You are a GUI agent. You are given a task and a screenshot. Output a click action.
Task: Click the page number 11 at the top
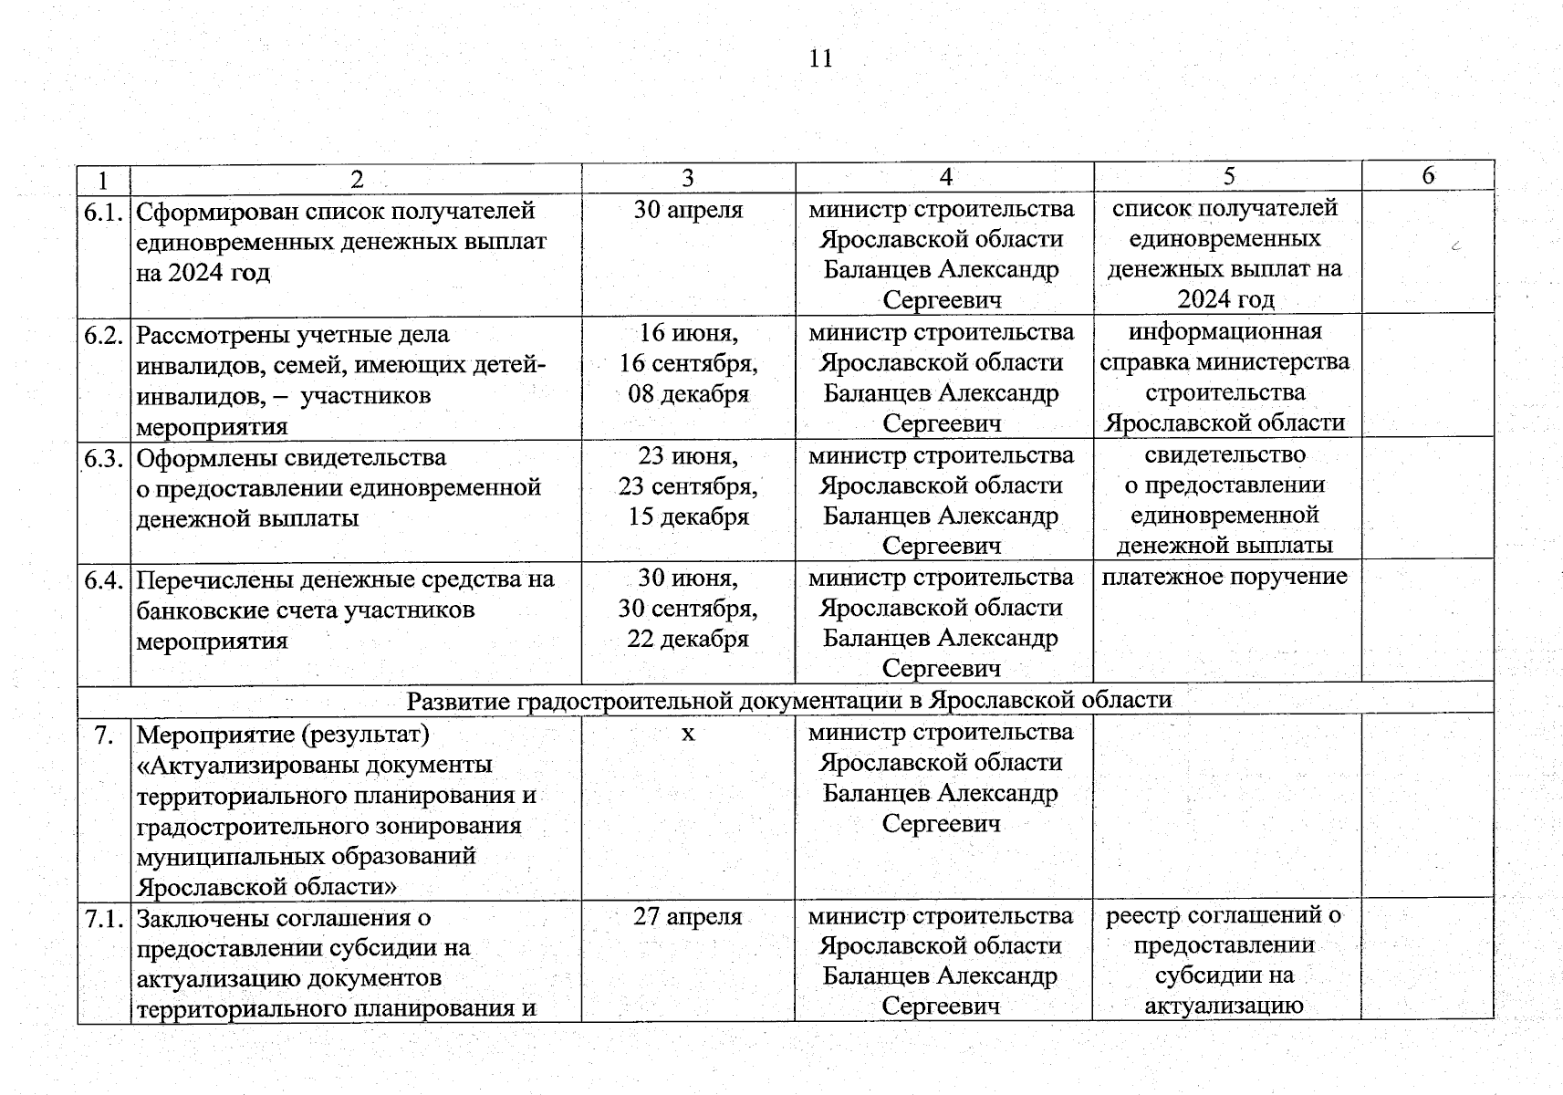click(x=820, y=59)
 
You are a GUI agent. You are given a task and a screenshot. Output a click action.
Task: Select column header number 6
click(x=1428, y=175)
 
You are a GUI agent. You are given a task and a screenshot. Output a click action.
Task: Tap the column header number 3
click(x=687, y=178)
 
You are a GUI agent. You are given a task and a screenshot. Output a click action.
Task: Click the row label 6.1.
click(x=103, y=213)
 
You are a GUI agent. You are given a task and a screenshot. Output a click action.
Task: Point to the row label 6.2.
click(x=103, y=335)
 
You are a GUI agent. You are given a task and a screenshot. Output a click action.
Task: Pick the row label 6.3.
click(x=103, y=458)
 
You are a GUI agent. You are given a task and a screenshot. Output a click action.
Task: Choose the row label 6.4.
click(x=103, y=579)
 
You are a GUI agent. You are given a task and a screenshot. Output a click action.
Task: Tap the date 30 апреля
click(x=688, y=210)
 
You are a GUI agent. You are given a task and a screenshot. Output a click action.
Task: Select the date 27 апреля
click(x=687, y=916)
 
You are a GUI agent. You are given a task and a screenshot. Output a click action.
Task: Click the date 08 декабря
click(x=688, y=394)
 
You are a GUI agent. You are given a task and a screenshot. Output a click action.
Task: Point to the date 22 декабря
click(x=687, y=639)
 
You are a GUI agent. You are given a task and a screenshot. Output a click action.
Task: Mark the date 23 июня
click(x=688, y=454)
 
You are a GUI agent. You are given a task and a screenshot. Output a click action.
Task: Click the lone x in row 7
click(x=688, y=734)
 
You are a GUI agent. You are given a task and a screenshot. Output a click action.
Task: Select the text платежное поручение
click(x=1224, y=577)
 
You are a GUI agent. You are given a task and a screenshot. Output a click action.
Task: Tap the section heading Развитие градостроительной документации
click(x=788, y=700)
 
